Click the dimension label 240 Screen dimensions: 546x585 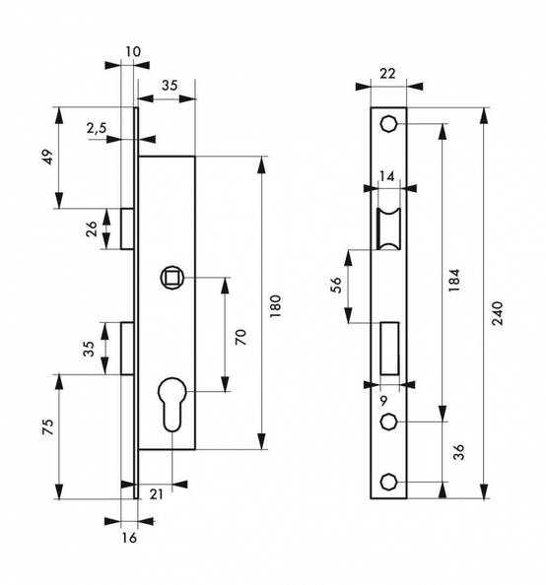(497, 313)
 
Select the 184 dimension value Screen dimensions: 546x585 (454, 280)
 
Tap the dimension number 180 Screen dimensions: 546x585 (275, 306)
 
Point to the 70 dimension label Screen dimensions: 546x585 (240, 337)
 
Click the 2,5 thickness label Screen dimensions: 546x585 (97, 128)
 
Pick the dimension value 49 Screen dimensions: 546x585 (48, 157)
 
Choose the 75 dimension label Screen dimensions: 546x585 (48, 426)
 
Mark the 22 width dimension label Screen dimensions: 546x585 (387, 74)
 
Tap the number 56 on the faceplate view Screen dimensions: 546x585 (336, 285)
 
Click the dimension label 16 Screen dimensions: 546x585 (129, 538)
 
